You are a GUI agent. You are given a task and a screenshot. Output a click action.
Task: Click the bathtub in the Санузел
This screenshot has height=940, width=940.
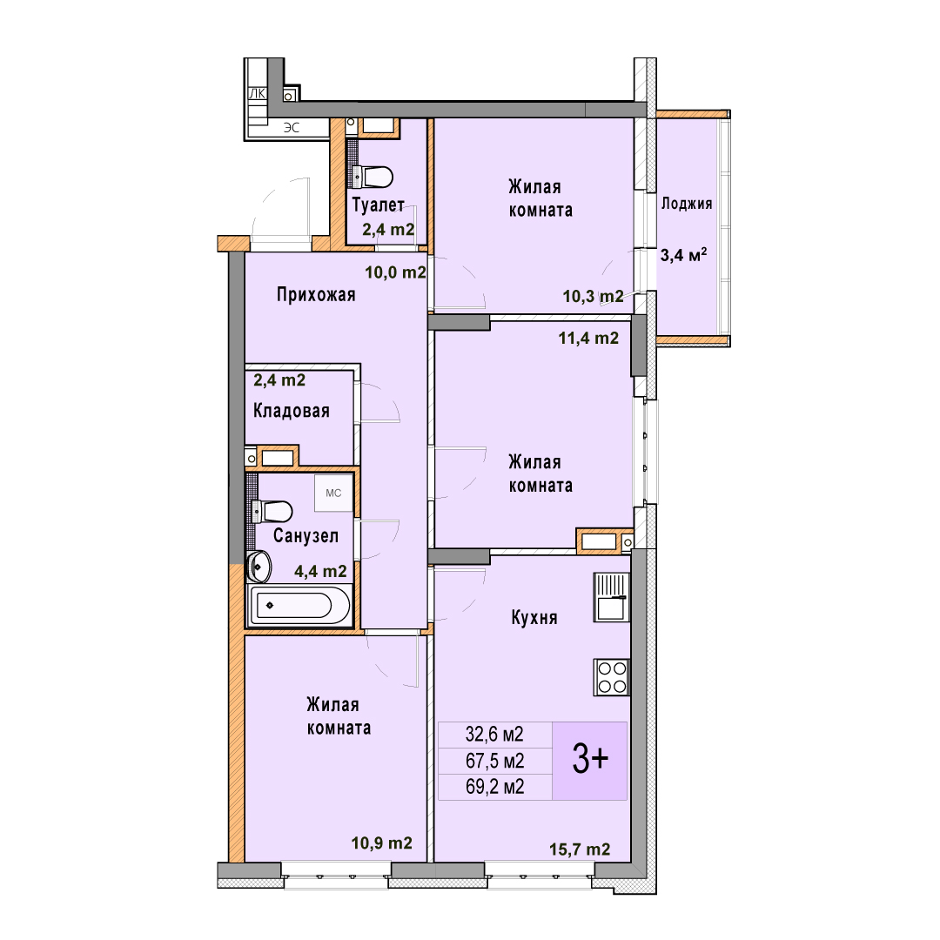tap(299, 605)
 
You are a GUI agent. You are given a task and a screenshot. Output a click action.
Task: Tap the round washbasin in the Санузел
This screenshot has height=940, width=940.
tap(259, 566)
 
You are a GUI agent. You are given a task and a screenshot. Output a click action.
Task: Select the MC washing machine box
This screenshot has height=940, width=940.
tap(334, 493)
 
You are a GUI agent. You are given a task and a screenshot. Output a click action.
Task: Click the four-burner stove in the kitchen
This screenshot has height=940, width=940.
tap(612, 677)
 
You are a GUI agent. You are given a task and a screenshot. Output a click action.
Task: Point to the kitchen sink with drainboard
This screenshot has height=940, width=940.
tap(612, 596)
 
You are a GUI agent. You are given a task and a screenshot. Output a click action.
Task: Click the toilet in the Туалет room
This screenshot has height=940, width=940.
tap(372, 177)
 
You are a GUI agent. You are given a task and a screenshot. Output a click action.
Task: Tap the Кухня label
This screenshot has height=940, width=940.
tap(534, 617)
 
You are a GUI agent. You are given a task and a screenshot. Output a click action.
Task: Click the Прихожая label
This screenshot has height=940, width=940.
tap(316, 294)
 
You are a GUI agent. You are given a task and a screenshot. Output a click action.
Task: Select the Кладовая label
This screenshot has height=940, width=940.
tap(292, 411)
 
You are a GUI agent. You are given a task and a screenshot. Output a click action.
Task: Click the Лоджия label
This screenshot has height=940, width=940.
tap(687, 204)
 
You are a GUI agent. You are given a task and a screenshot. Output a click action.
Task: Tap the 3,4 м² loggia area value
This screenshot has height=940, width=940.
tap(683, 255)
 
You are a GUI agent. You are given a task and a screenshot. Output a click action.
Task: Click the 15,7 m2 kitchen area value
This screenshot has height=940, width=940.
tap(580, 849)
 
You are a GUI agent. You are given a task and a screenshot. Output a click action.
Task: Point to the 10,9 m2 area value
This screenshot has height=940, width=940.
tap(382, 843)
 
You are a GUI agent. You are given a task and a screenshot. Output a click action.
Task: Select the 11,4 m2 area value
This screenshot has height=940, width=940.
tap(588, 338)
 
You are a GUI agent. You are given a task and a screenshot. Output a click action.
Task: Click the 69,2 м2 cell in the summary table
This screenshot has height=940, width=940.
tap(495, 787)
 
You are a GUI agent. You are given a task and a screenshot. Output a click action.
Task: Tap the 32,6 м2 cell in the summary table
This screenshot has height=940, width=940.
tap(495, 734)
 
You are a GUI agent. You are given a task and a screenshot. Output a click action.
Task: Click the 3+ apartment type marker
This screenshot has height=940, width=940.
tap(590, 759)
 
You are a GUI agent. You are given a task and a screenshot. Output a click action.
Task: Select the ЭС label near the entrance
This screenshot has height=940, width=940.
tap(292, 128)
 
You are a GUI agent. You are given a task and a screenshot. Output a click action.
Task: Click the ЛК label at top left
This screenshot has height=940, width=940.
tap(257, 93)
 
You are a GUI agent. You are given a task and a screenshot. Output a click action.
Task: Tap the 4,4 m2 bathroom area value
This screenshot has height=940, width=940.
tap(320, 571)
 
